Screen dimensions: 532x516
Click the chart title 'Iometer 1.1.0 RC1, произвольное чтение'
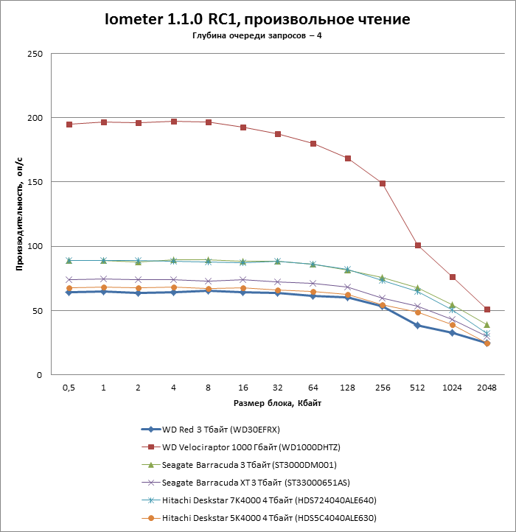click(x=257, y=18)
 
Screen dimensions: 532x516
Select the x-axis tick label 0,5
click(x=69, y=388)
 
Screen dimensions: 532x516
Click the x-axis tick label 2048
click(x=487, y=388)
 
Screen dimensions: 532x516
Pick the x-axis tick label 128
click(x=347, y=388)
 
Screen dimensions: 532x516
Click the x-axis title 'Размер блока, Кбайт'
click(x=277, y=403)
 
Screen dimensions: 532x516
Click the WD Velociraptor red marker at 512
click(x=417, y=245)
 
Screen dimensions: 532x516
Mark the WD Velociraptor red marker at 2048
click(x=487, y=309)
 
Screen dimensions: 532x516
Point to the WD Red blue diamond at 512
click(x=417, y=325)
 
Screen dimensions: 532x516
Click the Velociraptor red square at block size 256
click(x=383, y=183)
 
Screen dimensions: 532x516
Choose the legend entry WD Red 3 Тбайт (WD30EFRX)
click(x=220, y=429)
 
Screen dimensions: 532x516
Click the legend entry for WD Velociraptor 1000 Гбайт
click(x=250, y=447)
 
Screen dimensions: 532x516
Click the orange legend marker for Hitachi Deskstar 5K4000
click(x=151, y=518)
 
